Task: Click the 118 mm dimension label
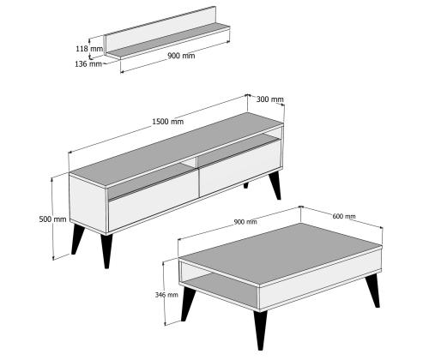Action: (x=89, y=49)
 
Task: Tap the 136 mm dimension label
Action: (x=88, y=64)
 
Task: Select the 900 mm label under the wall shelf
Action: (x=181, y=56)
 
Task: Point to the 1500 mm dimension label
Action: (x=167, y=122)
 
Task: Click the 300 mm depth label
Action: (x=270, y=99)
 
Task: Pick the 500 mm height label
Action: (x=52, y=219)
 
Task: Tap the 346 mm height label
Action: (x=166, y=295)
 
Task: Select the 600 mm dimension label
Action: (x=344, y=216)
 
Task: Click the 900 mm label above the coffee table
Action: (x=245, y=222)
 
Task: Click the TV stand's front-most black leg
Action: (x=106, y=251)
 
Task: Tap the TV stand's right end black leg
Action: (x=275, y=186)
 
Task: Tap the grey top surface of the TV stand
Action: (x=177, y=150)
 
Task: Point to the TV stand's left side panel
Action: (x=88, y=202)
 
